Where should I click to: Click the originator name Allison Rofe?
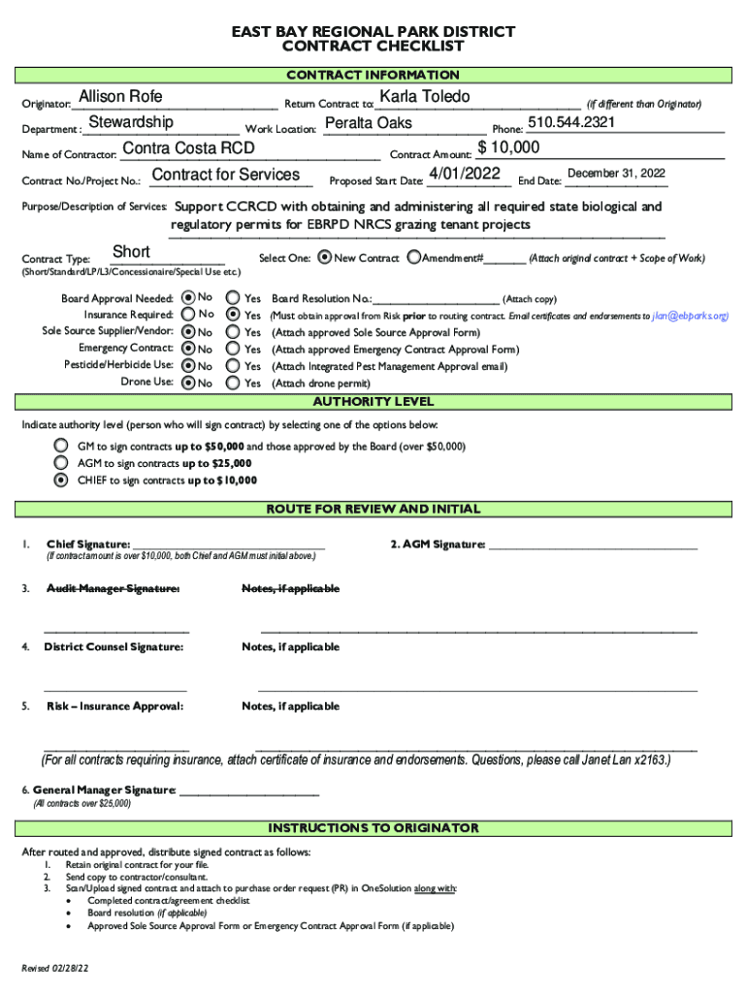tap(120, 97)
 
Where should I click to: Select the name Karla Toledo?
tap(425, 96)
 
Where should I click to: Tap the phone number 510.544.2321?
tap(571, 122)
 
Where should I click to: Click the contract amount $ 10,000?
tap(508, 148)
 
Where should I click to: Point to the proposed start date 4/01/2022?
tap(464, 174)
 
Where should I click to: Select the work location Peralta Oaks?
tap(368, 123)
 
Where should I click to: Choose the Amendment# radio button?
tap(414, 258)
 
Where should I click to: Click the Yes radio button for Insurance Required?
tap(233, 315)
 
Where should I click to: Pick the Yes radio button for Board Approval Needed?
tap(233, 298)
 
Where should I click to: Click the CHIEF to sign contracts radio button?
tap(61, 480)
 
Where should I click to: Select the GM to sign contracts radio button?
tap(61, 446)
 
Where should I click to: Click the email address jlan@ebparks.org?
tap(689, 315)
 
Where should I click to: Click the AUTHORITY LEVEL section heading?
tap(373, 402)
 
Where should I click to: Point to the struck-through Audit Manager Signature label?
tap(113, 589)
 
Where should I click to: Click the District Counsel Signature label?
tap(113, 646)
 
